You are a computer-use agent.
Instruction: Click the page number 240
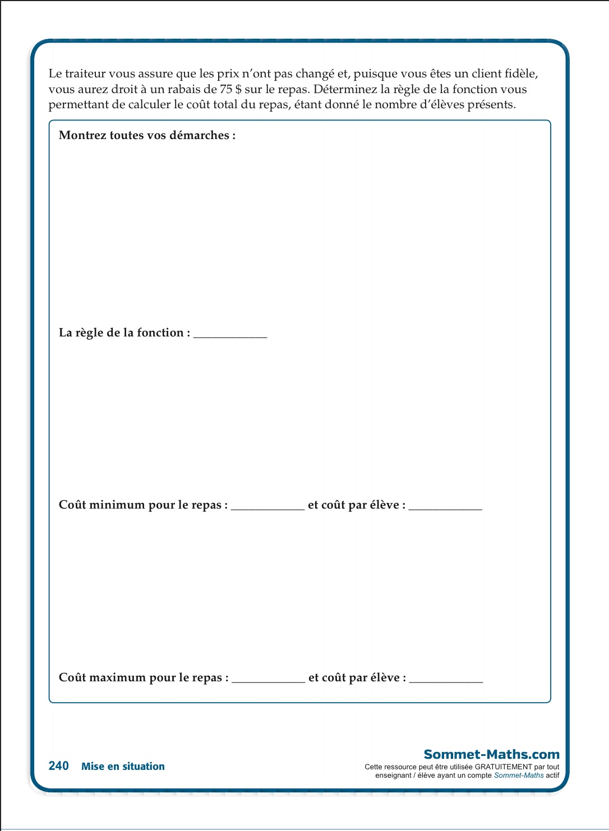58,766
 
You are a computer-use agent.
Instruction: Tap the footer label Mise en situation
123,767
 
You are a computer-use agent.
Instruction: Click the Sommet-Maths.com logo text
491,754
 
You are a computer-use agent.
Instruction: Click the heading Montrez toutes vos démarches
147,135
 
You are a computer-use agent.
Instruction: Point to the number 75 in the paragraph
226,89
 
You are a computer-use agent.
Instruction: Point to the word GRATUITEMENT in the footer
503,767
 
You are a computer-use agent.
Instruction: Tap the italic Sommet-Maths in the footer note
519,775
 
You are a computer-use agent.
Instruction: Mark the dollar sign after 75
238,89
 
